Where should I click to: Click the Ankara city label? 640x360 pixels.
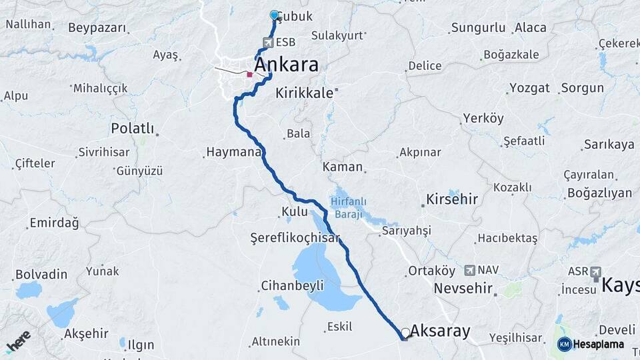pos(286,65)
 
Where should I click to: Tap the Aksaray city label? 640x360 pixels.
pos(440,331)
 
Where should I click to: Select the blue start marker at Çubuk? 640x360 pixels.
pos(274,15)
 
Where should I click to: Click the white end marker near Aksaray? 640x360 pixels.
pos(405,332)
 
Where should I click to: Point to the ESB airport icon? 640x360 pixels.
pos(268,43)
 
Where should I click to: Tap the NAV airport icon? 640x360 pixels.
pos(469,270)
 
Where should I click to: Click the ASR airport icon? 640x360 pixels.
pos(595,272)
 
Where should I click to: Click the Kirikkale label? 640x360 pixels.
pos(304,93)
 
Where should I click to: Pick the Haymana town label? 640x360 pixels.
pos(233,152)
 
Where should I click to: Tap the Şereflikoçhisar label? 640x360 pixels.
pos(295,237)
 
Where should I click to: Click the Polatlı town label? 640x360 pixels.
pos(133,128)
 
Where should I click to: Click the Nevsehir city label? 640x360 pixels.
pos(463,289)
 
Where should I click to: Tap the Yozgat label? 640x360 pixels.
pos(529,87)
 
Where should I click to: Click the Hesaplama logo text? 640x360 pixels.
pos(599,344)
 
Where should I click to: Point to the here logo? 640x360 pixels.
pos(19,341)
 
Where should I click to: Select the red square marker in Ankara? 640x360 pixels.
pos(249,75)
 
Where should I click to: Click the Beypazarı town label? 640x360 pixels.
pos(97,28)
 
